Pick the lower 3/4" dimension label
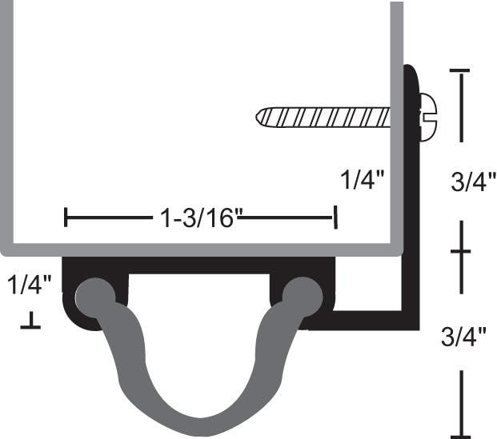[x=464, y=337]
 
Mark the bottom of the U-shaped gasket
[x=198, y=424]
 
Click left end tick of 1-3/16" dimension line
[x=66, y=216]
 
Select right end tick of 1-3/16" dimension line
[x=335, y=216]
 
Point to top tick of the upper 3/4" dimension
[x=460, y=72]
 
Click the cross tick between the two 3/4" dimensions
[x=460, y=252]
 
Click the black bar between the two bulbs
[x=198, y=265]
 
